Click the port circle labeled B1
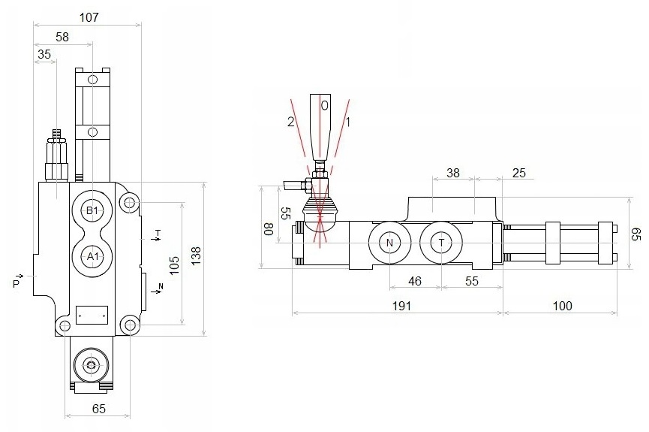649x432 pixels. click(x=92, y=210)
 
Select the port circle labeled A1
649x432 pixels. click(x=92, y=257)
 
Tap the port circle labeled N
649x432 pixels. click(x=389, y=243)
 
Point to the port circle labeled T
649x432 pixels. click(x=441, y=243)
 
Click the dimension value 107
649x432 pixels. click(x=89, y=17)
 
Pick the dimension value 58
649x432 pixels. click(x=62, y=37)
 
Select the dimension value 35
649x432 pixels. click(x=44, y=54)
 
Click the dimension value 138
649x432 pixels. click(x=196, y=255)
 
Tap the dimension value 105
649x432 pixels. click(x=174, y=265)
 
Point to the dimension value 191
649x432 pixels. click(x=401, y=306)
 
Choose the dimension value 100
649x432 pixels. click(x=563, y=306)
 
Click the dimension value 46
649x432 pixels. click(x=415, y=281)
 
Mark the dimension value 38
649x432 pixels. click(x=453, y=173)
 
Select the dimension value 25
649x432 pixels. click(x=519, y=173)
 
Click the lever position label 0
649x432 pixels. click(x=324, y=106)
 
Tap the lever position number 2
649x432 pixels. click(x=291, y=122)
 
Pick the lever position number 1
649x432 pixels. click(x=348, y=122)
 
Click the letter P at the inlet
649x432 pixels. click(x=17, y=283)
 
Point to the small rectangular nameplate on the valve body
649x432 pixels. click(x=92, y=315)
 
